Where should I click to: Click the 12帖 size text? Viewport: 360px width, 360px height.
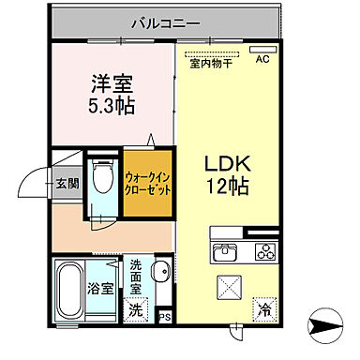pyautogui.click(x=226, y=186)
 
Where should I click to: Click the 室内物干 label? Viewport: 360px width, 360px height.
pyautogui.click(x=212, y=64)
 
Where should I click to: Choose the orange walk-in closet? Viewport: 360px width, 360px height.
pyautogui.click(x=148, y=179)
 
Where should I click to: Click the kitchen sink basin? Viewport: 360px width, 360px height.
pyautogui.click(x=226, y=251)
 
